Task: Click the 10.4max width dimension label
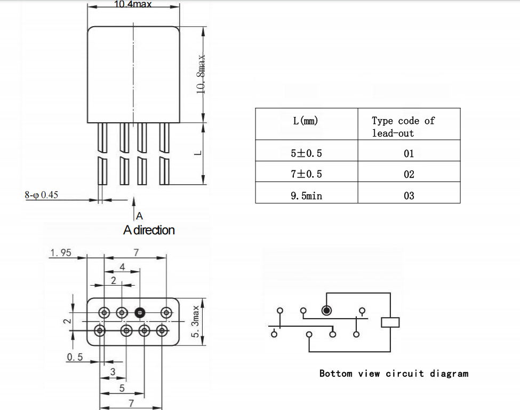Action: [133, 4]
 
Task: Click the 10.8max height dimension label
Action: [201, 74]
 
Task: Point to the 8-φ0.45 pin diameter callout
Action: [41, 195]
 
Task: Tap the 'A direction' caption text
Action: [149, 230]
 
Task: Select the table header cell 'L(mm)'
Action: [306, 121]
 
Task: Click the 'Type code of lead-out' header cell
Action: [403, 127]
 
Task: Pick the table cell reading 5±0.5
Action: [306, 153]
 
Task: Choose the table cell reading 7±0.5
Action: [306, 174]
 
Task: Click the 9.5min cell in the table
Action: [306, 195]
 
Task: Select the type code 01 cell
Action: [409, 153]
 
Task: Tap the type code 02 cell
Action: [409, 174]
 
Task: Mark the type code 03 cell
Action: [409, 195]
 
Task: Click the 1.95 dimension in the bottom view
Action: [61, 253]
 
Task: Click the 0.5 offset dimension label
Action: [75, 357]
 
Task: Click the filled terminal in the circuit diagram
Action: [326, 310]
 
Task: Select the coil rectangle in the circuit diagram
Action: [390, 322]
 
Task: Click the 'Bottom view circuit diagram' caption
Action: [394, 374]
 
